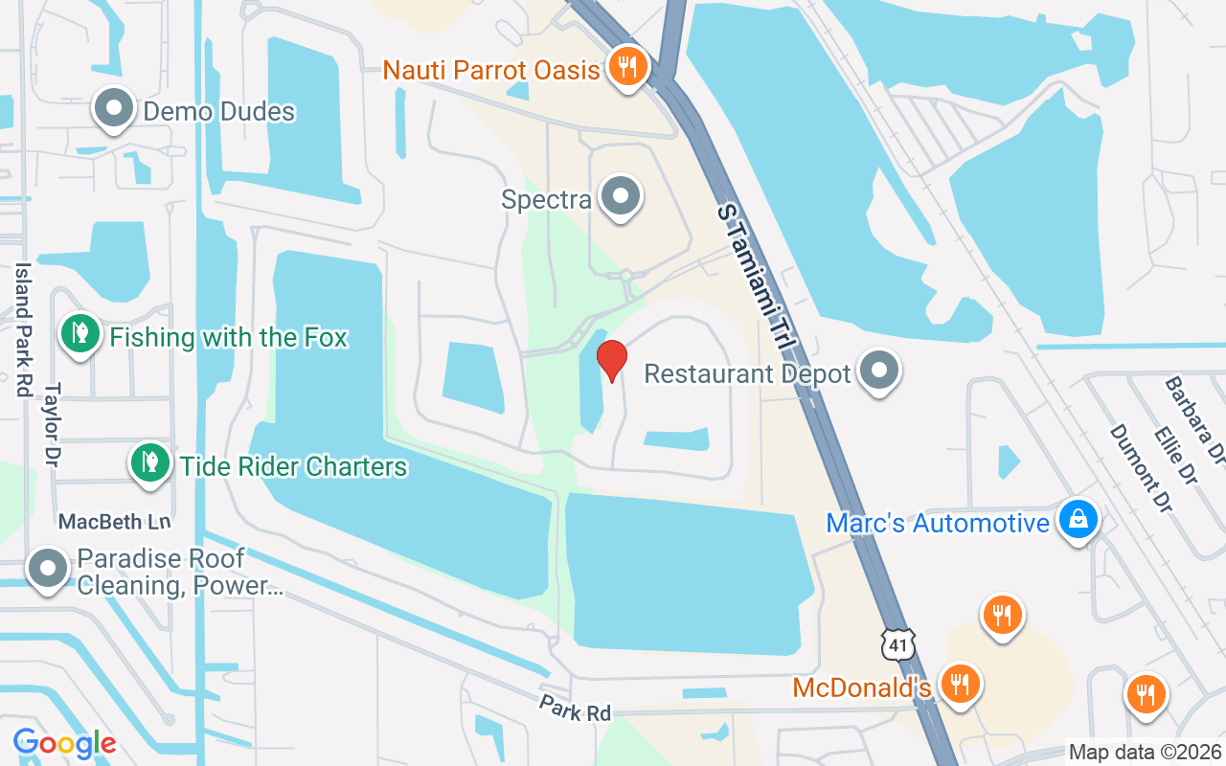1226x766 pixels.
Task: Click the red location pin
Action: pyautogui.click(x=611, y=360)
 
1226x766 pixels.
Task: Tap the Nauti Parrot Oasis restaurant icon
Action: pyautogui.click(x=627, y=67)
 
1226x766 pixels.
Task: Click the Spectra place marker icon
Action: pyautogui.click(x=621, y=197)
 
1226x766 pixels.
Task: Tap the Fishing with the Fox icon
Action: pyautogui.click(x=81, y=334)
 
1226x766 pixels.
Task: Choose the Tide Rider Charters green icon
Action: pyautogui.click(x=149, y=463)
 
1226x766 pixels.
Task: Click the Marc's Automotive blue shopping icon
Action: pyautogui.click(x=1078, y=521)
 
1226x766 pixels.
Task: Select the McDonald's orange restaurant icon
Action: pyautogui.click(x=959, y=685)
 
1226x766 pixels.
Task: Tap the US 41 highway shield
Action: pyautogui.click(x=898, y=644)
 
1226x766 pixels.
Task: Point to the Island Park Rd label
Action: pyautogui.click(x=23, y=330)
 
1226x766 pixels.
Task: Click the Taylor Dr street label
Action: pyautogui.click(x=53, y=424)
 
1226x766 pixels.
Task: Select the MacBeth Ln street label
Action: pyautogui.click(x=114, y=522)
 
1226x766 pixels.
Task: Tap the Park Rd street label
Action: pyautogui.click(x=575, y=710)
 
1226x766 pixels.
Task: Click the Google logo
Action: pyautogui.click(x=64, y=743)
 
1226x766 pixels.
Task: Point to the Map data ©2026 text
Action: pyautogui.click(x=1146, y=753)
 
